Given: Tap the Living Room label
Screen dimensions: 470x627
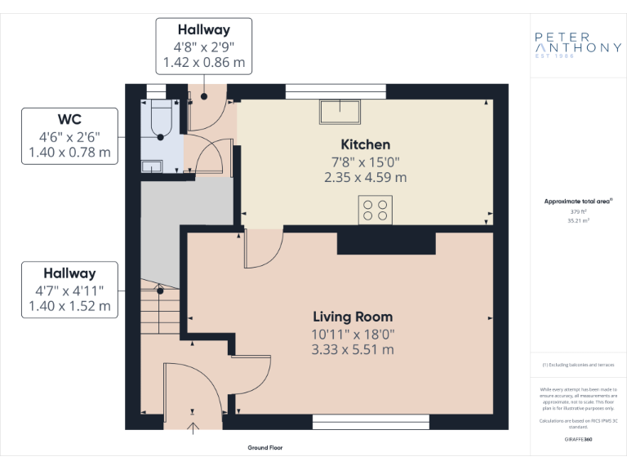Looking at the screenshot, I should [x=353, y=317].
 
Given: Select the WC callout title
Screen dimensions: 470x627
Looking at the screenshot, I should [x=69, y=119].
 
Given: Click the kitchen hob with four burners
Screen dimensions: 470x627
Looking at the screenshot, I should [x=375, y=210].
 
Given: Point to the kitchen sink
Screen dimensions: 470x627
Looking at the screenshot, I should [x=336, y=110].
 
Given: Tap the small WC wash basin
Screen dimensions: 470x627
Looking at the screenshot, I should [x=152, y=166].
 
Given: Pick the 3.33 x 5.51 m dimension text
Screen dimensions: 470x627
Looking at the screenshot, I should [x=353, y=349].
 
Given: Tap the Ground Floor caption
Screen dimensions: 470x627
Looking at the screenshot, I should [x=265, y=448].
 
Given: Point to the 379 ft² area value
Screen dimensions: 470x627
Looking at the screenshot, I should [x=577, y=211].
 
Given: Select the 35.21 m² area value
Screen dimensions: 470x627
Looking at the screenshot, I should [x=577, y=220].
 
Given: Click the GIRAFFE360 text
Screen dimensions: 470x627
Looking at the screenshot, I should [x=577, y=439].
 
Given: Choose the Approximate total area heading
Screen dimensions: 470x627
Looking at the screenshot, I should [x=577, y=201].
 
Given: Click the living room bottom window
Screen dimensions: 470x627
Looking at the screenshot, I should [x=371, y=422].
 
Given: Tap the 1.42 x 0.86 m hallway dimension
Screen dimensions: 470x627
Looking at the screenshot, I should [x=204, y=62].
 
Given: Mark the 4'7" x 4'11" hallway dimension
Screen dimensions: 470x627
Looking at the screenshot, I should [x=69, y=290].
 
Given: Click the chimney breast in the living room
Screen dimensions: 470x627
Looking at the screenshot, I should [x=386, y=242].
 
